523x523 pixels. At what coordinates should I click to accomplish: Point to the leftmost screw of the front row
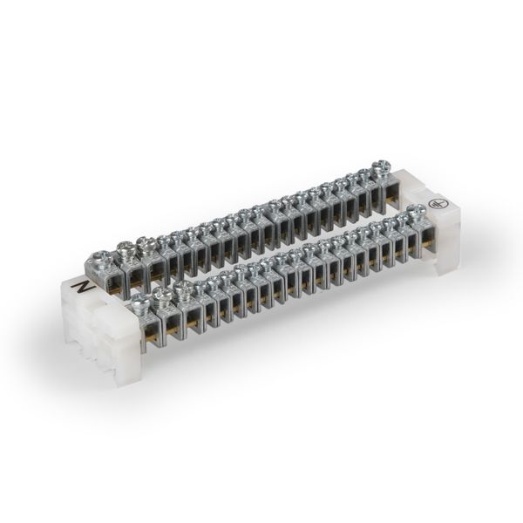(x=140, y=301)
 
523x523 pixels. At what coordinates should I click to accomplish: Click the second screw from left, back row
(x=126, y=250)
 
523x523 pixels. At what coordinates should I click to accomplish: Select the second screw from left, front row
(x=162, y=295)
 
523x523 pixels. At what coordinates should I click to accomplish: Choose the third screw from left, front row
(x=182, y=288)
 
